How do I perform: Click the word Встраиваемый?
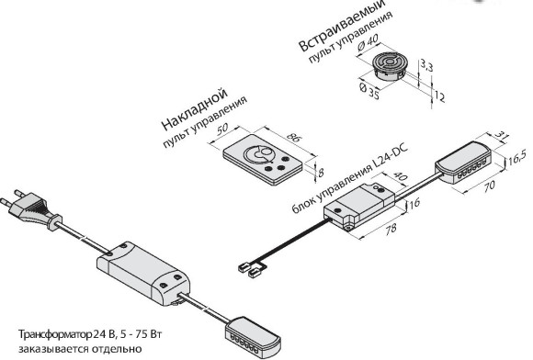click(x=342, y=26)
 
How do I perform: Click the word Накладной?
click(x=194, y=109)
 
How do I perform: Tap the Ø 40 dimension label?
click(x=367, y=43)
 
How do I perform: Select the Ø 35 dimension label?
click(x=369, y=91)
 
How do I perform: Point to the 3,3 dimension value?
click(x=425, y=65)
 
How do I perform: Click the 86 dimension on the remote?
click(x=293, y=137)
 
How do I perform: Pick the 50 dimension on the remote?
click(x=222, y=129)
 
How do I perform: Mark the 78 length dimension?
click(x=391, y=228)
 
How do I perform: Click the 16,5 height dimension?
click(x=517, y=158)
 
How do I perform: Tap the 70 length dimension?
click(x=488, y=186)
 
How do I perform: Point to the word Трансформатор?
click(x=55, y=334)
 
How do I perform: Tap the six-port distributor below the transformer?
click(x=253, y=336)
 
